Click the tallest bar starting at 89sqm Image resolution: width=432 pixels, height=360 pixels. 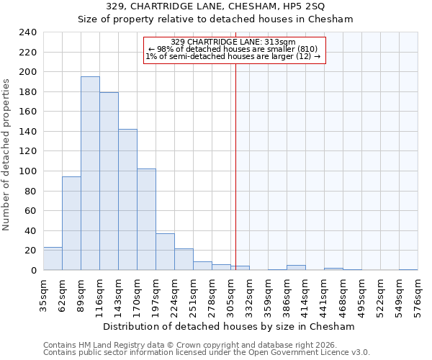point(90,174)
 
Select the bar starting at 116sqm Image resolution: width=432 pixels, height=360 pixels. point(109,181)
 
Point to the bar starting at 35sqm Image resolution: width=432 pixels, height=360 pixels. point(53,258)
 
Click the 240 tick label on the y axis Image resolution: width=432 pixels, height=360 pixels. point(27,32)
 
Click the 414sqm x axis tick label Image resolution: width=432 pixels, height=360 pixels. point(307,296)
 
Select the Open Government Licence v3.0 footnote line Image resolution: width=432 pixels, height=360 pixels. point(207,353)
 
